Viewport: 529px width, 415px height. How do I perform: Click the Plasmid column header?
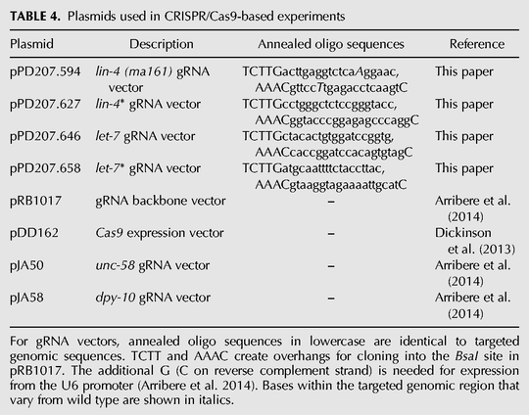[31, 44]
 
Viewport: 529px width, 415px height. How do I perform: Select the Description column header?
[162, 44]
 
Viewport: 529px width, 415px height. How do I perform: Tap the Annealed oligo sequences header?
[331, 44]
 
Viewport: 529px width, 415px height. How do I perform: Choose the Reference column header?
[477, 44]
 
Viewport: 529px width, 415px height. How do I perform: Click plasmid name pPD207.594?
[45, 71]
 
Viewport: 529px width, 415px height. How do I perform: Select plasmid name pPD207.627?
[45, 104]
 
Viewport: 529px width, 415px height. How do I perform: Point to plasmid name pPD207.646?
[45, 136]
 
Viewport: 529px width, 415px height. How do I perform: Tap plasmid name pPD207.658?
[45, 168]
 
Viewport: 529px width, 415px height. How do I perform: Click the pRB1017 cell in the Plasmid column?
[36, 201]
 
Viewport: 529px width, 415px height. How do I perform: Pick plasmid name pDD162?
[34, 233]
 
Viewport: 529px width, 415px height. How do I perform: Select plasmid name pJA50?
[26, 265]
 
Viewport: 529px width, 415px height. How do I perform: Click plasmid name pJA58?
[26, 298]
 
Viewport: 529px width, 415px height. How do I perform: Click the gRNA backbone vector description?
[161, 201]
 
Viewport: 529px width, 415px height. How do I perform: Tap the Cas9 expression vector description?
[160, 233]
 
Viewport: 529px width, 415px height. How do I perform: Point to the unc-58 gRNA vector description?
[153, 265]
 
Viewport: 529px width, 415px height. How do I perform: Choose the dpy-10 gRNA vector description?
[153, 298]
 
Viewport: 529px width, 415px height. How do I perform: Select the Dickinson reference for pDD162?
[475, 241]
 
